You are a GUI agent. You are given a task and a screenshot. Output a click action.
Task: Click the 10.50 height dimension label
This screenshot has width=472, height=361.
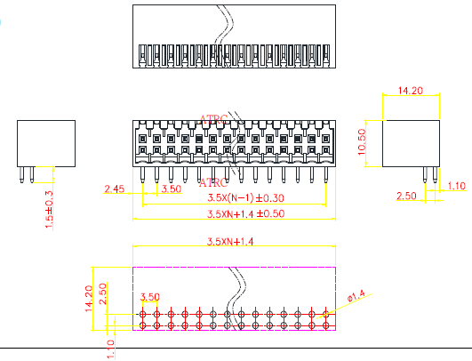(x=362, y=141)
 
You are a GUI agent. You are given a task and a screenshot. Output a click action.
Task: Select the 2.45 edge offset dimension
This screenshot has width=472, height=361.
(x=114, y=189)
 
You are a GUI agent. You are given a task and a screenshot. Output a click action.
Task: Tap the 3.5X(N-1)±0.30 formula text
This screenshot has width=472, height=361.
(x=245, y=198)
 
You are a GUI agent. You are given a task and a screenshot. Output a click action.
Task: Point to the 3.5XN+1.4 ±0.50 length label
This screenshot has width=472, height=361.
(x=245, y=213)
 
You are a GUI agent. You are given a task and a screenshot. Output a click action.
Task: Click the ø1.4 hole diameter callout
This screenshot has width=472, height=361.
(x=356, y=296)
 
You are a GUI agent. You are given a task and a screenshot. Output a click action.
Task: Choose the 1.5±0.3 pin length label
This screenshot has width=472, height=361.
(x=49, y=210)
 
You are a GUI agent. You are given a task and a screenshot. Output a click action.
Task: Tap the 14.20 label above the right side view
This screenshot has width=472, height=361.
(x=411, y=91)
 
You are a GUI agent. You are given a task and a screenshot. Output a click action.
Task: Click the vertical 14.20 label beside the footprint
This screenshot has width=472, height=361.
(x=89, y=299)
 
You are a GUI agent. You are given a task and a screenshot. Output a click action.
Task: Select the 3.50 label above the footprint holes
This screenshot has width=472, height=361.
(x=150, y=297)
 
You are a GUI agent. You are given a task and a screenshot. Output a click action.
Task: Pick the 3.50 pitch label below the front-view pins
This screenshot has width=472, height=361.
(x=172, y=189)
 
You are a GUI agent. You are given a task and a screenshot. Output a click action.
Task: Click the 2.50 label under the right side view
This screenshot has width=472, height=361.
(x=406, y=196)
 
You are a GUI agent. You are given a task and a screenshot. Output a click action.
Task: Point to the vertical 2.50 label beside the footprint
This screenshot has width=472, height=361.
(x=103, y=293)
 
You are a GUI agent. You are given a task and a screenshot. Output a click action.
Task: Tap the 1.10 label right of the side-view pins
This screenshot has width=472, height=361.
(x=457, y=186)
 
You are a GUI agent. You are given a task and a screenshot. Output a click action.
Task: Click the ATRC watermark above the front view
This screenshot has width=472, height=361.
(x=213, y=119)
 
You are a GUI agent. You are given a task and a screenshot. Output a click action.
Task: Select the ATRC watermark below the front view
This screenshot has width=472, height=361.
(x=213, y=182)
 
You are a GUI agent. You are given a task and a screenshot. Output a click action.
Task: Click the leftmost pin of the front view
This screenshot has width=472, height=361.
(x=142, y=175)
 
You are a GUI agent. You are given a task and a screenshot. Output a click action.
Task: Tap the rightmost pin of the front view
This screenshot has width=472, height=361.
(x=325, y=175)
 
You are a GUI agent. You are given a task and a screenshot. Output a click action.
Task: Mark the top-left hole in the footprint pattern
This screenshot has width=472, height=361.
(x=143, y=315)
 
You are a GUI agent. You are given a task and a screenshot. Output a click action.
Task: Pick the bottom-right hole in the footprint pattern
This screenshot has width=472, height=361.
(x=325, y=325)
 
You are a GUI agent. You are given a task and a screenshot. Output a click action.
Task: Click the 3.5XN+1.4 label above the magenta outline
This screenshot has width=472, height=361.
(x=230, y=242)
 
